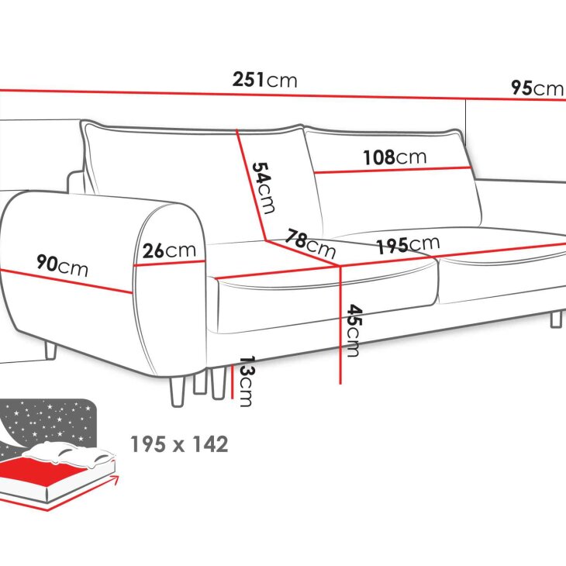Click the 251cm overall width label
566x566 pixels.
(265, 80)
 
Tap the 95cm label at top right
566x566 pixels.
(538, 88)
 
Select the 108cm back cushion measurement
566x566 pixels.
(395, 157)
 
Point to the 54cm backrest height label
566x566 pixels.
(264, 188)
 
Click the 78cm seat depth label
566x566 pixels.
(310, 243)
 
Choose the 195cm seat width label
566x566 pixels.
(409, 245)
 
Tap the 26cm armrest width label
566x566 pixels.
(169, 250)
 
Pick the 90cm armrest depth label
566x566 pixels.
(62, 265)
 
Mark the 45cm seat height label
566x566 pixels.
(354, 330)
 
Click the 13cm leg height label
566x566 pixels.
(247, 381)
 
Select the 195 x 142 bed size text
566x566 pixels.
(179, 444)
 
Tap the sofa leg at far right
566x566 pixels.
(556, 319)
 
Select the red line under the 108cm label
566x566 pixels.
(392, 170)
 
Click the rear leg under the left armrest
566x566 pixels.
(50, 350)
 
